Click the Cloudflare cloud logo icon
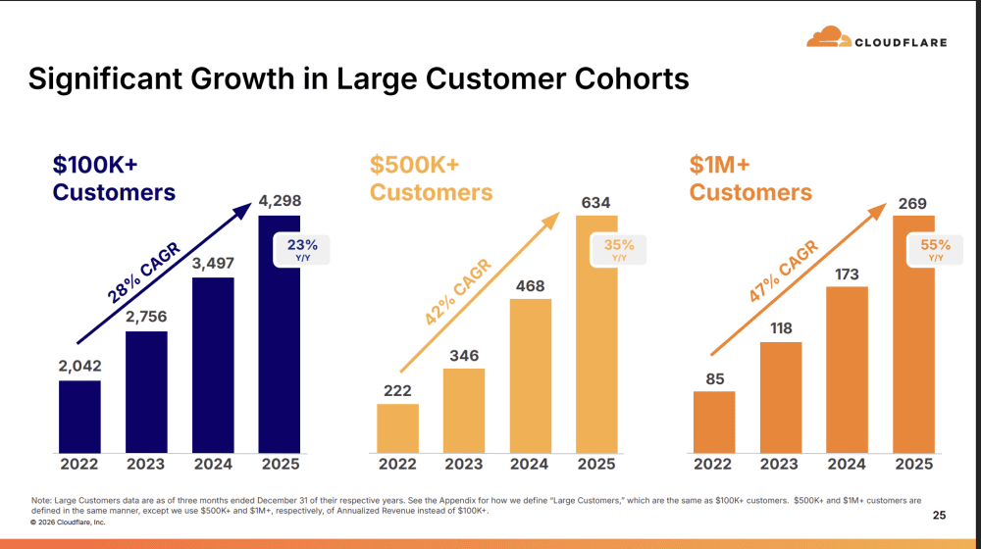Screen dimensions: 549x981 tap(829, 37)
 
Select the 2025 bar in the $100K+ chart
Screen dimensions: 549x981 tap(279, 333)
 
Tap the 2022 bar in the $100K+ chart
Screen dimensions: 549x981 tap(79, 416)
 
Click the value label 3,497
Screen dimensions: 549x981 tap(213, 263)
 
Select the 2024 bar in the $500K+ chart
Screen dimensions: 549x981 tap(530, 374)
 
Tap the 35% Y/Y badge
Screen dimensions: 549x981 tap(619, 250)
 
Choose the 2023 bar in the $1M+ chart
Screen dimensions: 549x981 tap(781, 396)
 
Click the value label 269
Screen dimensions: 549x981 tap(913, 204)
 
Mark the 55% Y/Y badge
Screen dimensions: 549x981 tap(936, 250)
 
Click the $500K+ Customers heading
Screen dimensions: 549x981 tap(431, 178)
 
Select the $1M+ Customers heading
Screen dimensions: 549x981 tap(750, 178)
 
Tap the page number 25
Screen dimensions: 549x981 tap(939, 515)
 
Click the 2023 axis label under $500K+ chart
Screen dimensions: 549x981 tap(463, 464)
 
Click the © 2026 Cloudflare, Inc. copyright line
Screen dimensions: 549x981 tap(68, 523)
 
